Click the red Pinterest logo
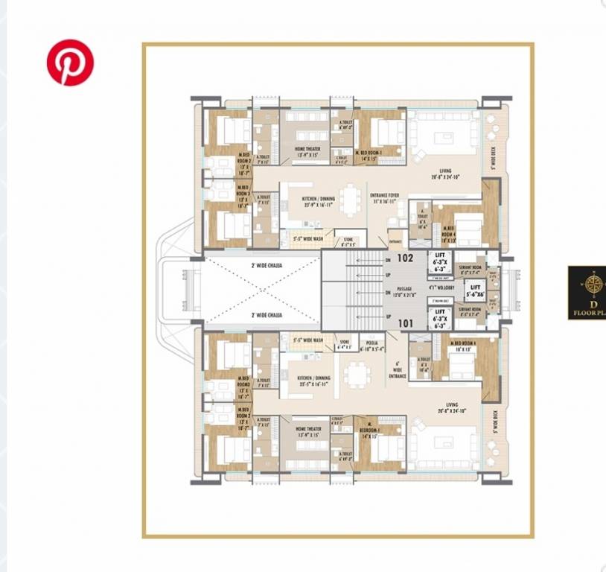(x=70, y=63)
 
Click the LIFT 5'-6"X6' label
(x=475, y=291)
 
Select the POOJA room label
(x=372, y=345)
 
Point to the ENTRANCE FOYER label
(x=385, y=198)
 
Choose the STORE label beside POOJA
(x=344, y=345)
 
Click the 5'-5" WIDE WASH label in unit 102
(x=307, y=240)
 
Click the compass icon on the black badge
(x=594, y=284)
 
